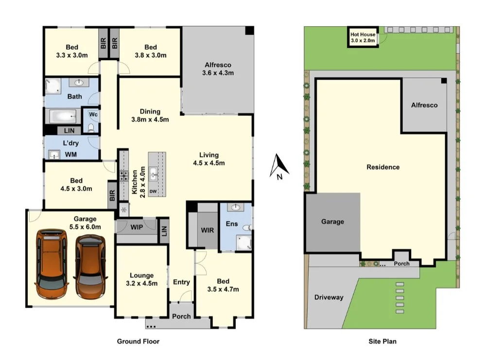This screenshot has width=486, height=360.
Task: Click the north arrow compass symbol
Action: pyautogui.click(x=279, y=167)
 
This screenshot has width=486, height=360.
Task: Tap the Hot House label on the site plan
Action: pyautogui.click(x=363, y=38)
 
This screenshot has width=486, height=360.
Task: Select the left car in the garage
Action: pyautogui.click(x=52, y=264)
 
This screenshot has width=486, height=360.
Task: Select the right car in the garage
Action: pyautogui.click(x=90, y=266)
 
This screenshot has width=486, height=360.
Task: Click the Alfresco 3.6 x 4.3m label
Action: pyautogui.click(x=218, y=69)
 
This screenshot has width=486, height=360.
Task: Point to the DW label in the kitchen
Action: pyautogui.click(x=153, y=191)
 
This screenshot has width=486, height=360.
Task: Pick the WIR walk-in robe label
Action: pyautogui.click(x=208, y=230)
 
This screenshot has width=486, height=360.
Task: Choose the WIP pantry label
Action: pyautogui.click(x=136, y=227)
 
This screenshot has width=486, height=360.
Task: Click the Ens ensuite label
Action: pyautogui.click(x=231, y=224)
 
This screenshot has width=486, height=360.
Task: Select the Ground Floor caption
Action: pyautogui.click(x=138, y=342)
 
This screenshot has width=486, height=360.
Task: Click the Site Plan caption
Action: pyautogui.click(x=382, y=342)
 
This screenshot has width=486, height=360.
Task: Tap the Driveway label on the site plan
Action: pyautogui.click(x=329, y=297)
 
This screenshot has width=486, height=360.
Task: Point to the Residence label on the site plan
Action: pyautogui.click(x=383, y=167)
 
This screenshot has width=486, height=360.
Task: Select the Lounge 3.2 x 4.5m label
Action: pyautogui.click(x=141, y=279)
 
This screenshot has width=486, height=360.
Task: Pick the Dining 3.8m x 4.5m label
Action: pyautogui.click(x=150, y=115)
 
